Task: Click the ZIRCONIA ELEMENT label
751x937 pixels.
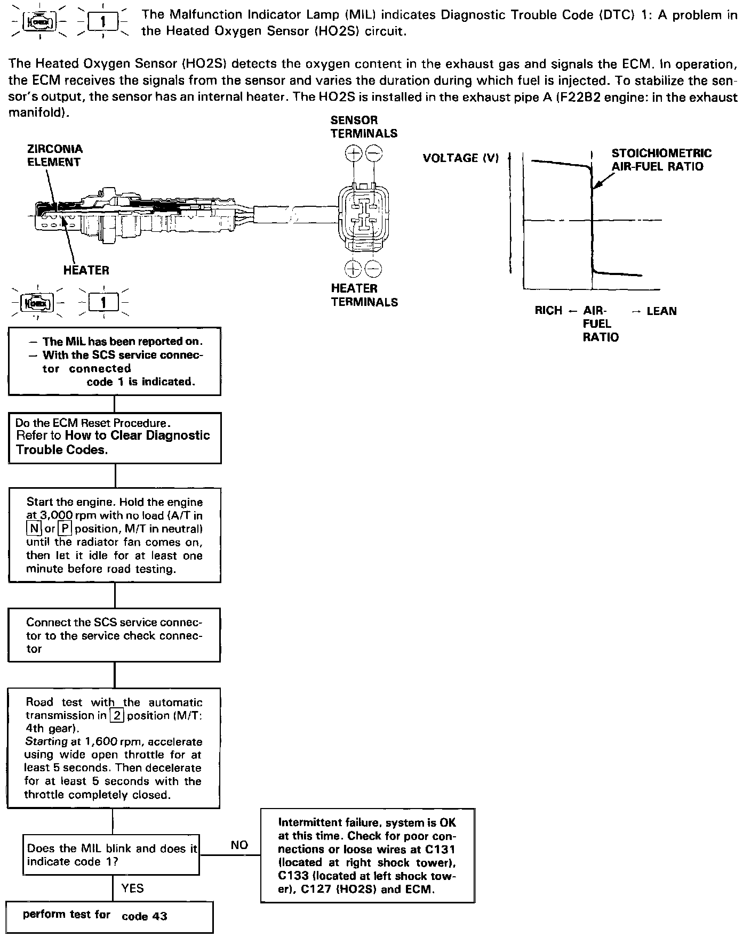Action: coord(55,156)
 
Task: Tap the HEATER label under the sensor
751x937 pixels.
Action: coord(86,270)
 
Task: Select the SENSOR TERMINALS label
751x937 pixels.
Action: coord(364,127)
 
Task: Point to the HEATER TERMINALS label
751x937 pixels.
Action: coord(364,295)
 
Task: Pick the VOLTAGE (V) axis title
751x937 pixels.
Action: coord(460,158)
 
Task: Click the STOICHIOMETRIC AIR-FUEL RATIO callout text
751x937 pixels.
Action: coord(661,160)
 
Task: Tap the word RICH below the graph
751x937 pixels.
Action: coord(548,311)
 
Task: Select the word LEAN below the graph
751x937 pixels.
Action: coord(661,311)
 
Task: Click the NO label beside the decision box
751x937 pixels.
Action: coord(239,845)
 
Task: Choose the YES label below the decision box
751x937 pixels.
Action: coord(132,888)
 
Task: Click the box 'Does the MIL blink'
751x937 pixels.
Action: coord(111,855)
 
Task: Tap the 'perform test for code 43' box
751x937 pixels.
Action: coord(109,916)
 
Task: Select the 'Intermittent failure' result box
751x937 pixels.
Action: coord(367,855)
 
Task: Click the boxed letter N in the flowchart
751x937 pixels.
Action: coord(34,529)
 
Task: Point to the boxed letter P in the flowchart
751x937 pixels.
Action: coord(65,529)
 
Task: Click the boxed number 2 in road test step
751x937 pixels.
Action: coord(116,715)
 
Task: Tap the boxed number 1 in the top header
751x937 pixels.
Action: coord(103,22)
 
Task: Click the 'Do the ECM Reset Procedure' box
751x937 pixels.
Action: coord(115,438)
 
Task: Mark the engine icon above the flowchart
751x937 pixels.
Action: coord(36,303)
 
